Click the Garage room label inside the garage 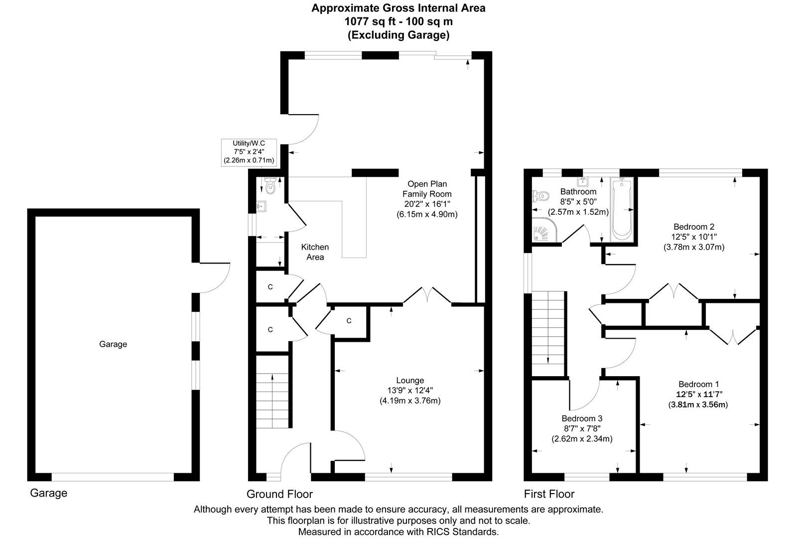(x=113, y=344)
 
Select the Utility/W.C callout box (x=249, y=152)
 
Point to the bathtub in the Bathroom (x=622, y=210)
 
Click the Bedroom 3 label (x=582, y=418)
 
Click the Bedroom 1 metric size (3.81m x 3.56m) (x=698, y=404)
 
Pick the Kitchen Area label (x=315, y=252)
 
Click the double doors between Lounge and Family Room (x=427, y=295)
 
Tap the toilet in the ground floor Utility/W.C (x=269, y=187)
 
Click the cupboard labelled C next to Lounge (x=349, y=321)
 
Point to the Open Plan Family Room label (x=427, y=189)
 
